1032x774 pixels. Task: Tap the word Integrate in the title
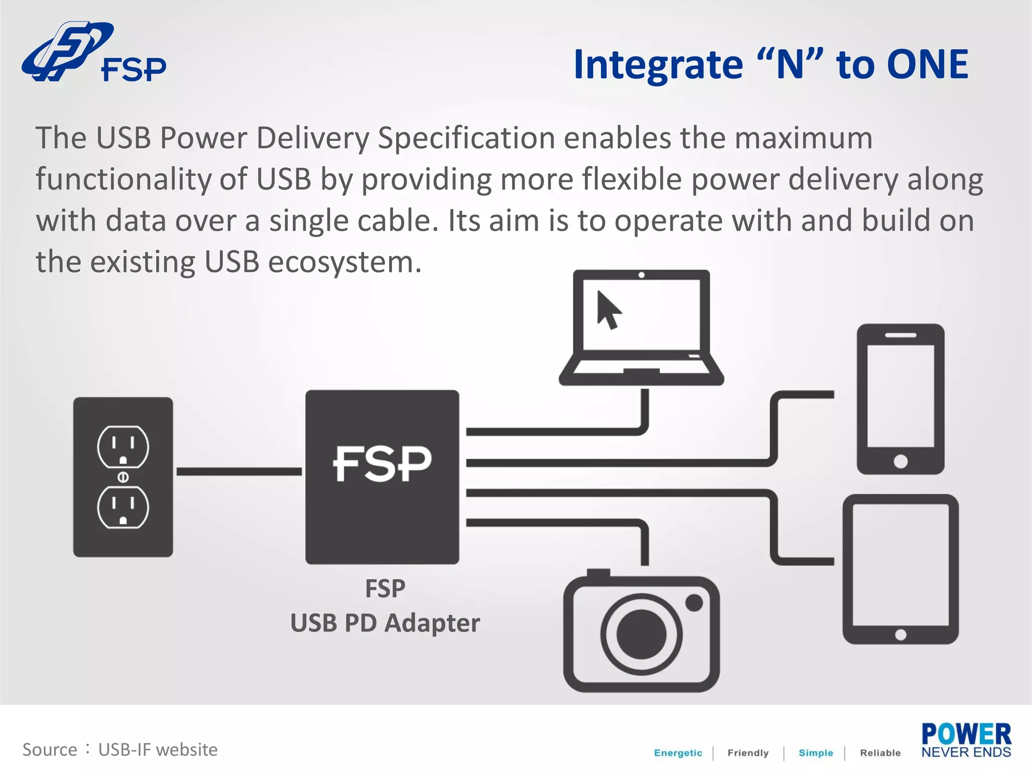[x=658, y=66]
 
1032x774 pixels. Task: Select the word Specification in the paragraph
[x=466, y=138]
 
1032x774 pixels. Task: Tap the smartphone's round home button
[x=900, y=461]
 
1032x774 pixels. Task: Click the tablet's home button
[x=900, y=635]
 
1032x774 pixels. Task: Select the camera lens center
[x=641, y=634]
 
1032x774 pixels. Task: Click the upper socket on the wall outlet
[x=123, y=447]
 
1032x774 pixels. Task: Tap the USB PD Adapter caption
[x=385, y=623]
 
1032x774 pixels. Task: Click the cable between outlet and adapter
[x=239, y=472]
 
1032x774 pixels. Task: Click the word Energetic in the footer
[x=678, y=753]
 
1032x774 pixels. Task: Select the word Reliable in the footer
[x=880, y=753]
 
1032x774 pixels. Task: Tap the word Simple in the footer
[x=815, y=753]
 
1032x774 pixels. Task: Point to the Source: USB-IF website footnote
[x=120, y=750]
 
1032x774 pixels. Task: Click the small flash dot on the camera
[x=694, y=603]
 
